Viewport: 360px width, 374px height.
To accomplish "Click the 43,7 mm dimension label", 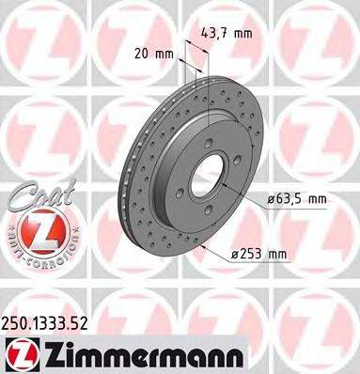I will click(227, 33).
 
